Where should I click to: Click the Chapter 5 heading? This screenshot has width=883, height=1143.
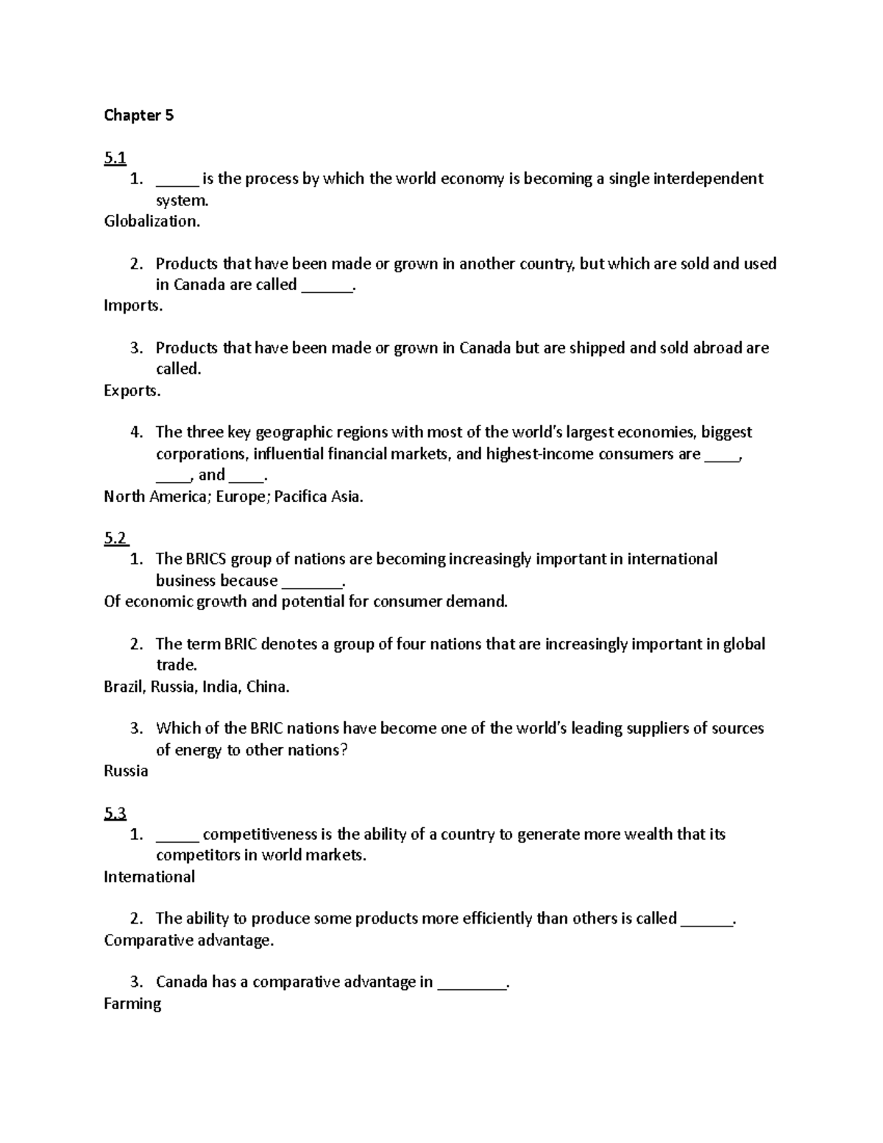[138, 115]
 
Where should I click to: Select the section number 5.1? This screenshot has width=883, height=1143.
[115, 158]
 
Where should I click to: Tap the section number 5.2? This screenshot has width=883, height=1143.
[116, 538]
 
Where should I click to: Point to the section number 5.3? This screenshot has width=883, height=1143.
[115, 813]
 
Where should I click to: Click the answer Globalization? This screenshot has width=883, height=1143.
[152, 222]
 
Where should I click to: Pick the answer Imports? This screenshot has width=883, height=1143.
[133, 306]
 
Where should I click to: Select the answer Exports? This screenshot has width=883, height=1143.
[132, 391]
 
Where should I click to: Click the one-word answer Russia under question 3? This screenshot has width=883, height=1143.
[126, 771]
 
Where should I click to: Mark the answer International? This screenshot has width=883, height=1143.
[149, 877]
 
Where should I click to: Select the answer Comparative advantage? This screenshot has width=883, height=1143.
[188, 941]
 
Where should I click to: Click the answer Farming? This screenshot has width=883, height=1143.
[132, 1004]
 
